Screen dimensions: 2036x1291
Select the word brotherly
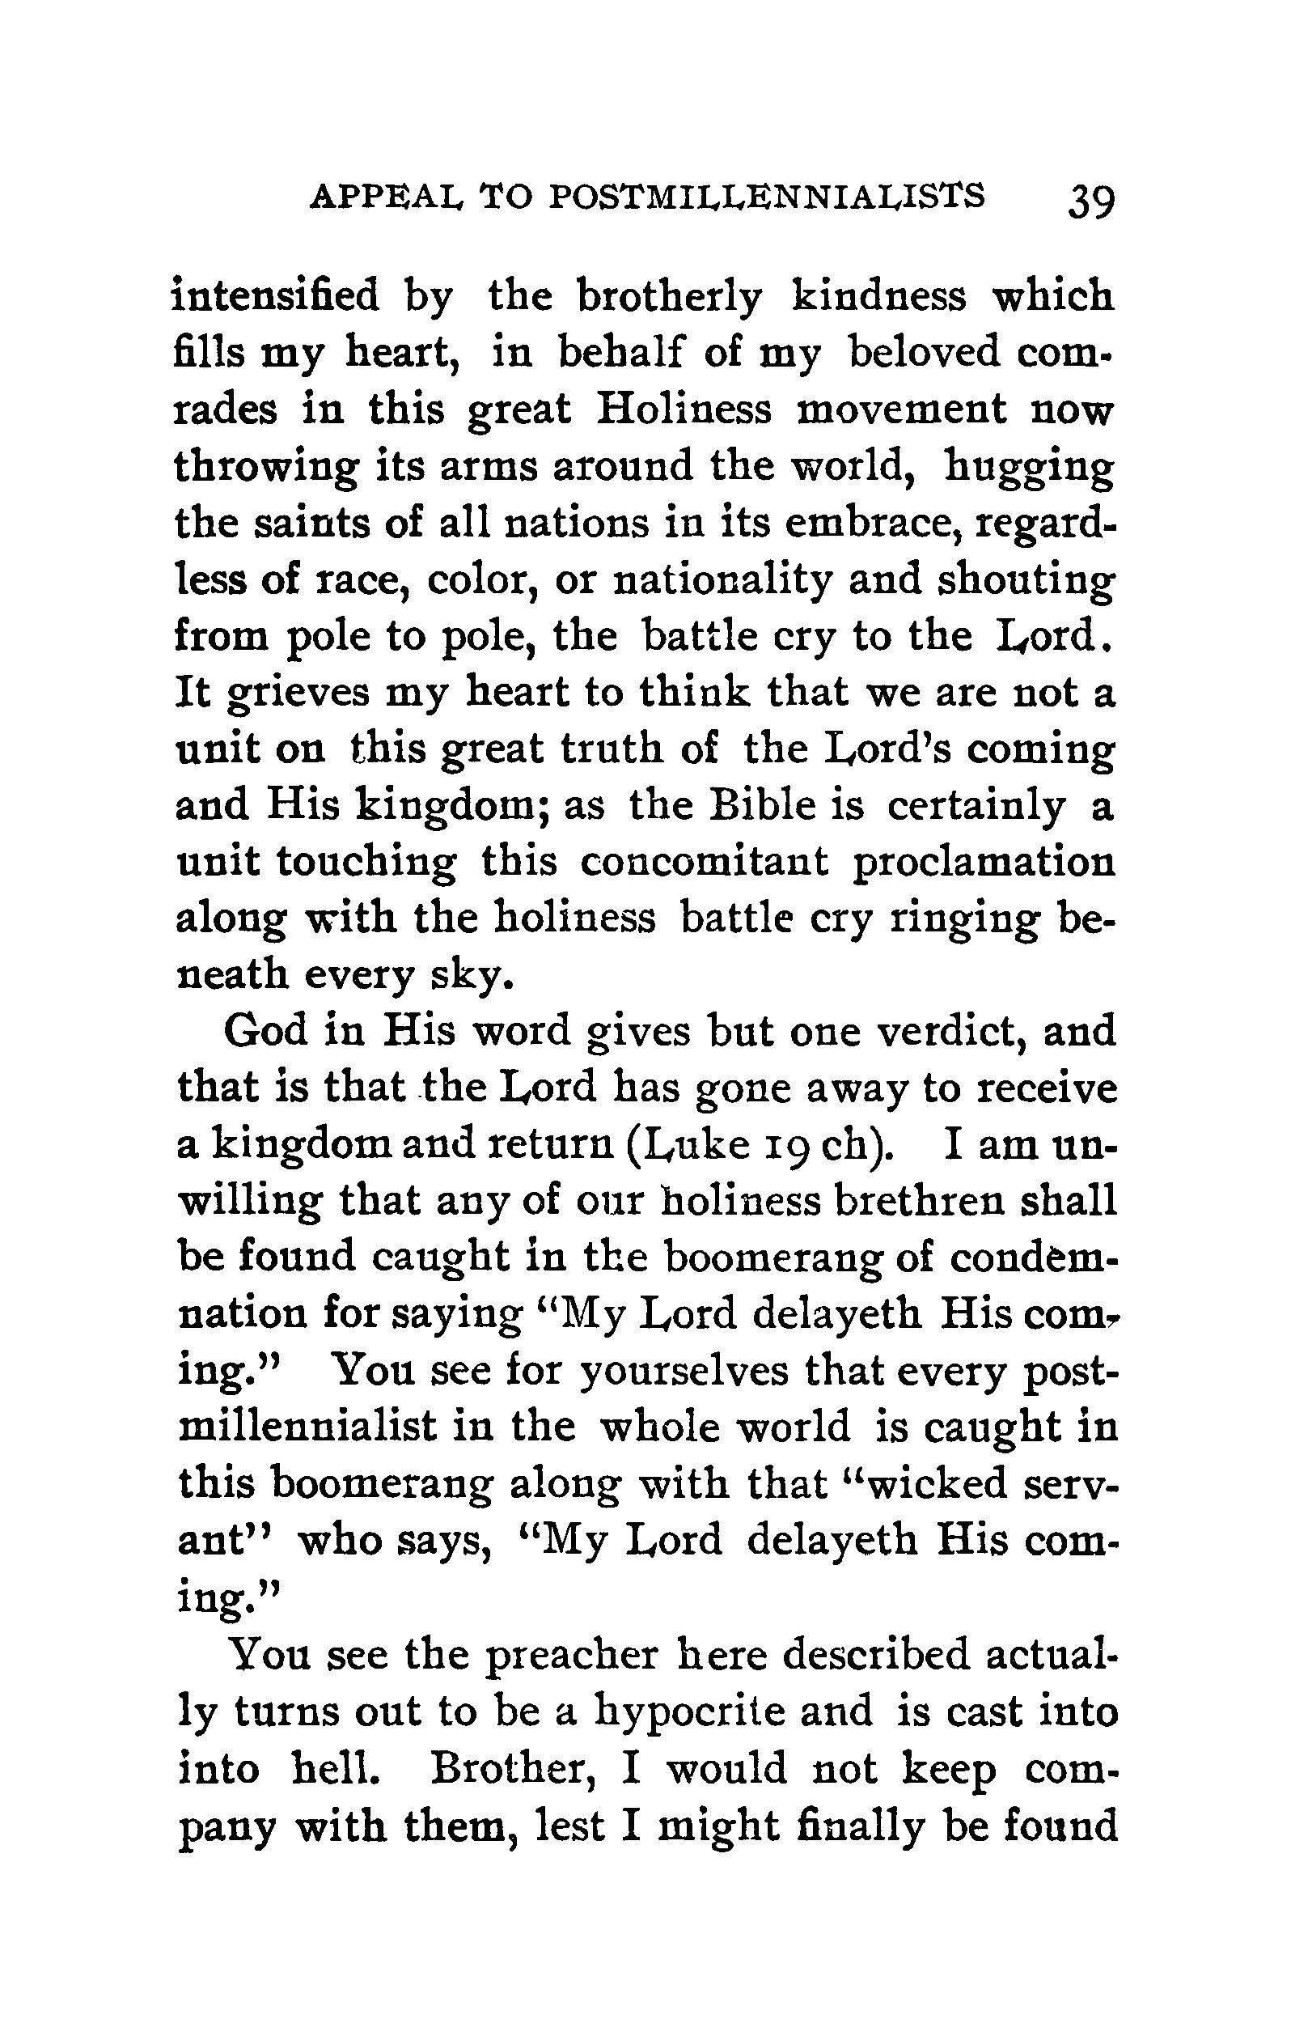(668, 297)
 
